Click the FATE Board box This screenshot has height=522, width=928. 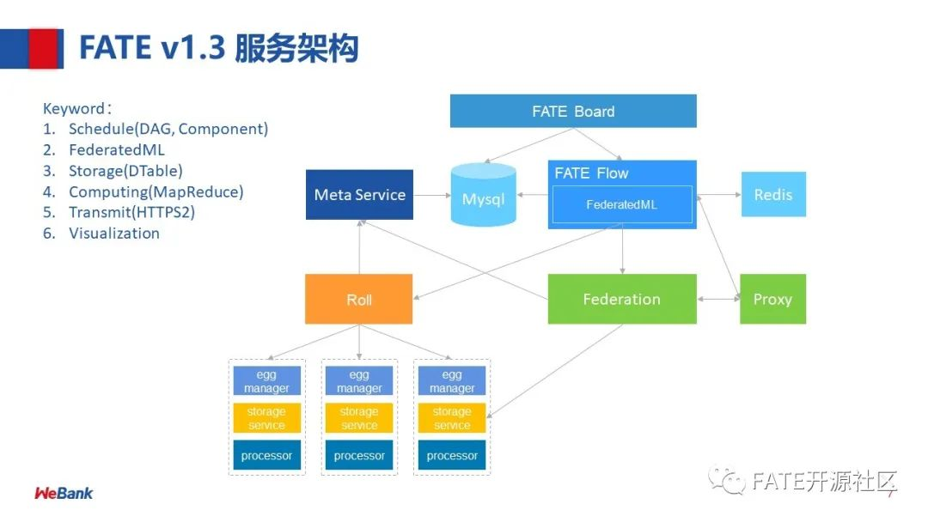573,111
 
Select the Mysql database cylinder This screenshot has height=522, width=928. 484,197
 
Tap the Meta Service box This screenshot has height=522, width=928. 359,195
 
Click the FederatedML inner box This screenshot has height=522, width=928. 621,205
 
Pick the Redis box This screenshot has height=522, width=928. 772,194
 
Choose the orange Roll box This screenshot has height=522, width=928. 358,300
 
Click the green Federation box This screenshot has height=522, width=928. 621,299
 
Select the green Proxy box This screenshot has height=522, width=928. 772,299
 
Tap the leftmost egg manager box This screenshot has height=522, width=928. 266,381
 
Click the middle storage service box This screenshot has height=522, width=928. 359,418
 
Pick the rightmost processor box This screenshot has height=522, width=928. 452,455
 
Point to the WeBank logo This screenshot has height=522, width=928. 64,494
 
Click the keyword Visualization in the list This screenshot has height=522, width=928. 114,233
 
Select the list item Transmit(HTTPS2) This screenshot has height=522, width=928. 131,212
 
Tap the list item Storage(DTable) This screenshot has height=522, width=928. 125,171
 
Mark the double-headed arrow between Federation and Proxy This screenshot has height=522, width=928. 717,299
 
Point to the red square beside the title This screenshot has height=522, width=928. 46,48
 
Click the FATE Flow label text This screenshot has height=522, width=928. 591,173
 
